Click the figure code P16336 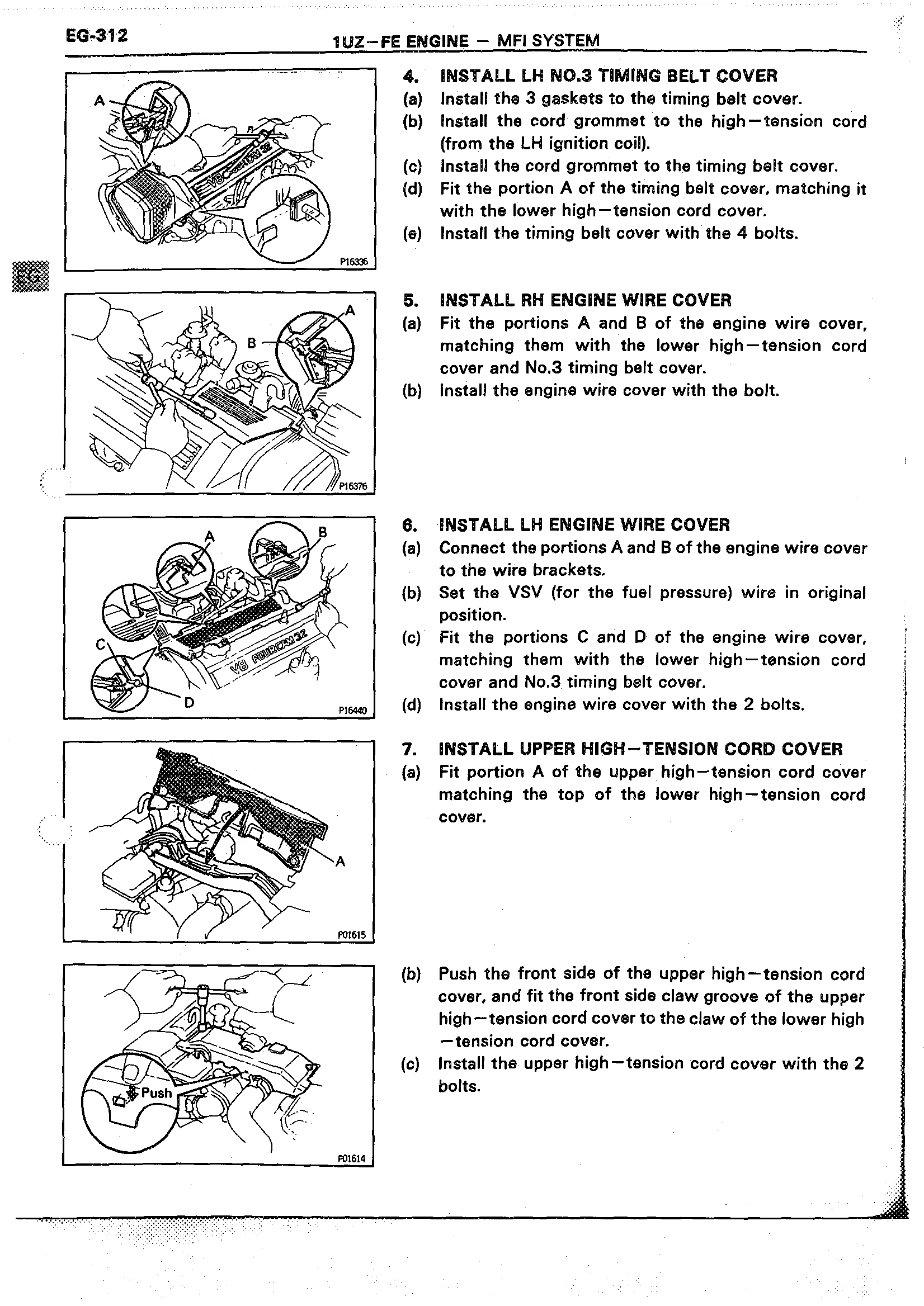click(354, 262)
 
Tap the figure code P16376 click(353, 486)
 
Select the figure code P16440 click(353, 710)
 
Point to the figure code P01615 click(352, 934)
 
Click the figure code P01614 click(352, 1158)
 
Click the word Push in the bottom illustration click(157, 1092)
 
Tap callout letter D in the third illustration click(190, 703)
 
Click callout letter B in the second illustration click(252, 343)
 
